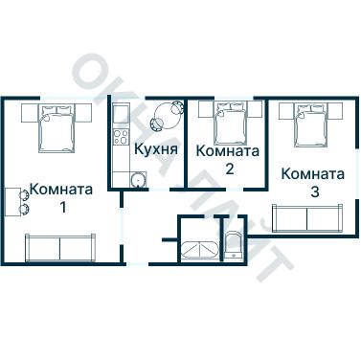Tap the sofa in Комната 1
(x=60, y=247)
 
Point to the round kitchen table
(x=166, y=118)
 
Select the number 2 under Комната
(x=228, y=169)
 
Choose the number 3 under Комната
(x=313, y=192)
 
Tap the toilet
(x=235, y=245)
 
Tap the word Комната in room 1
(x=61, y=189)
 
